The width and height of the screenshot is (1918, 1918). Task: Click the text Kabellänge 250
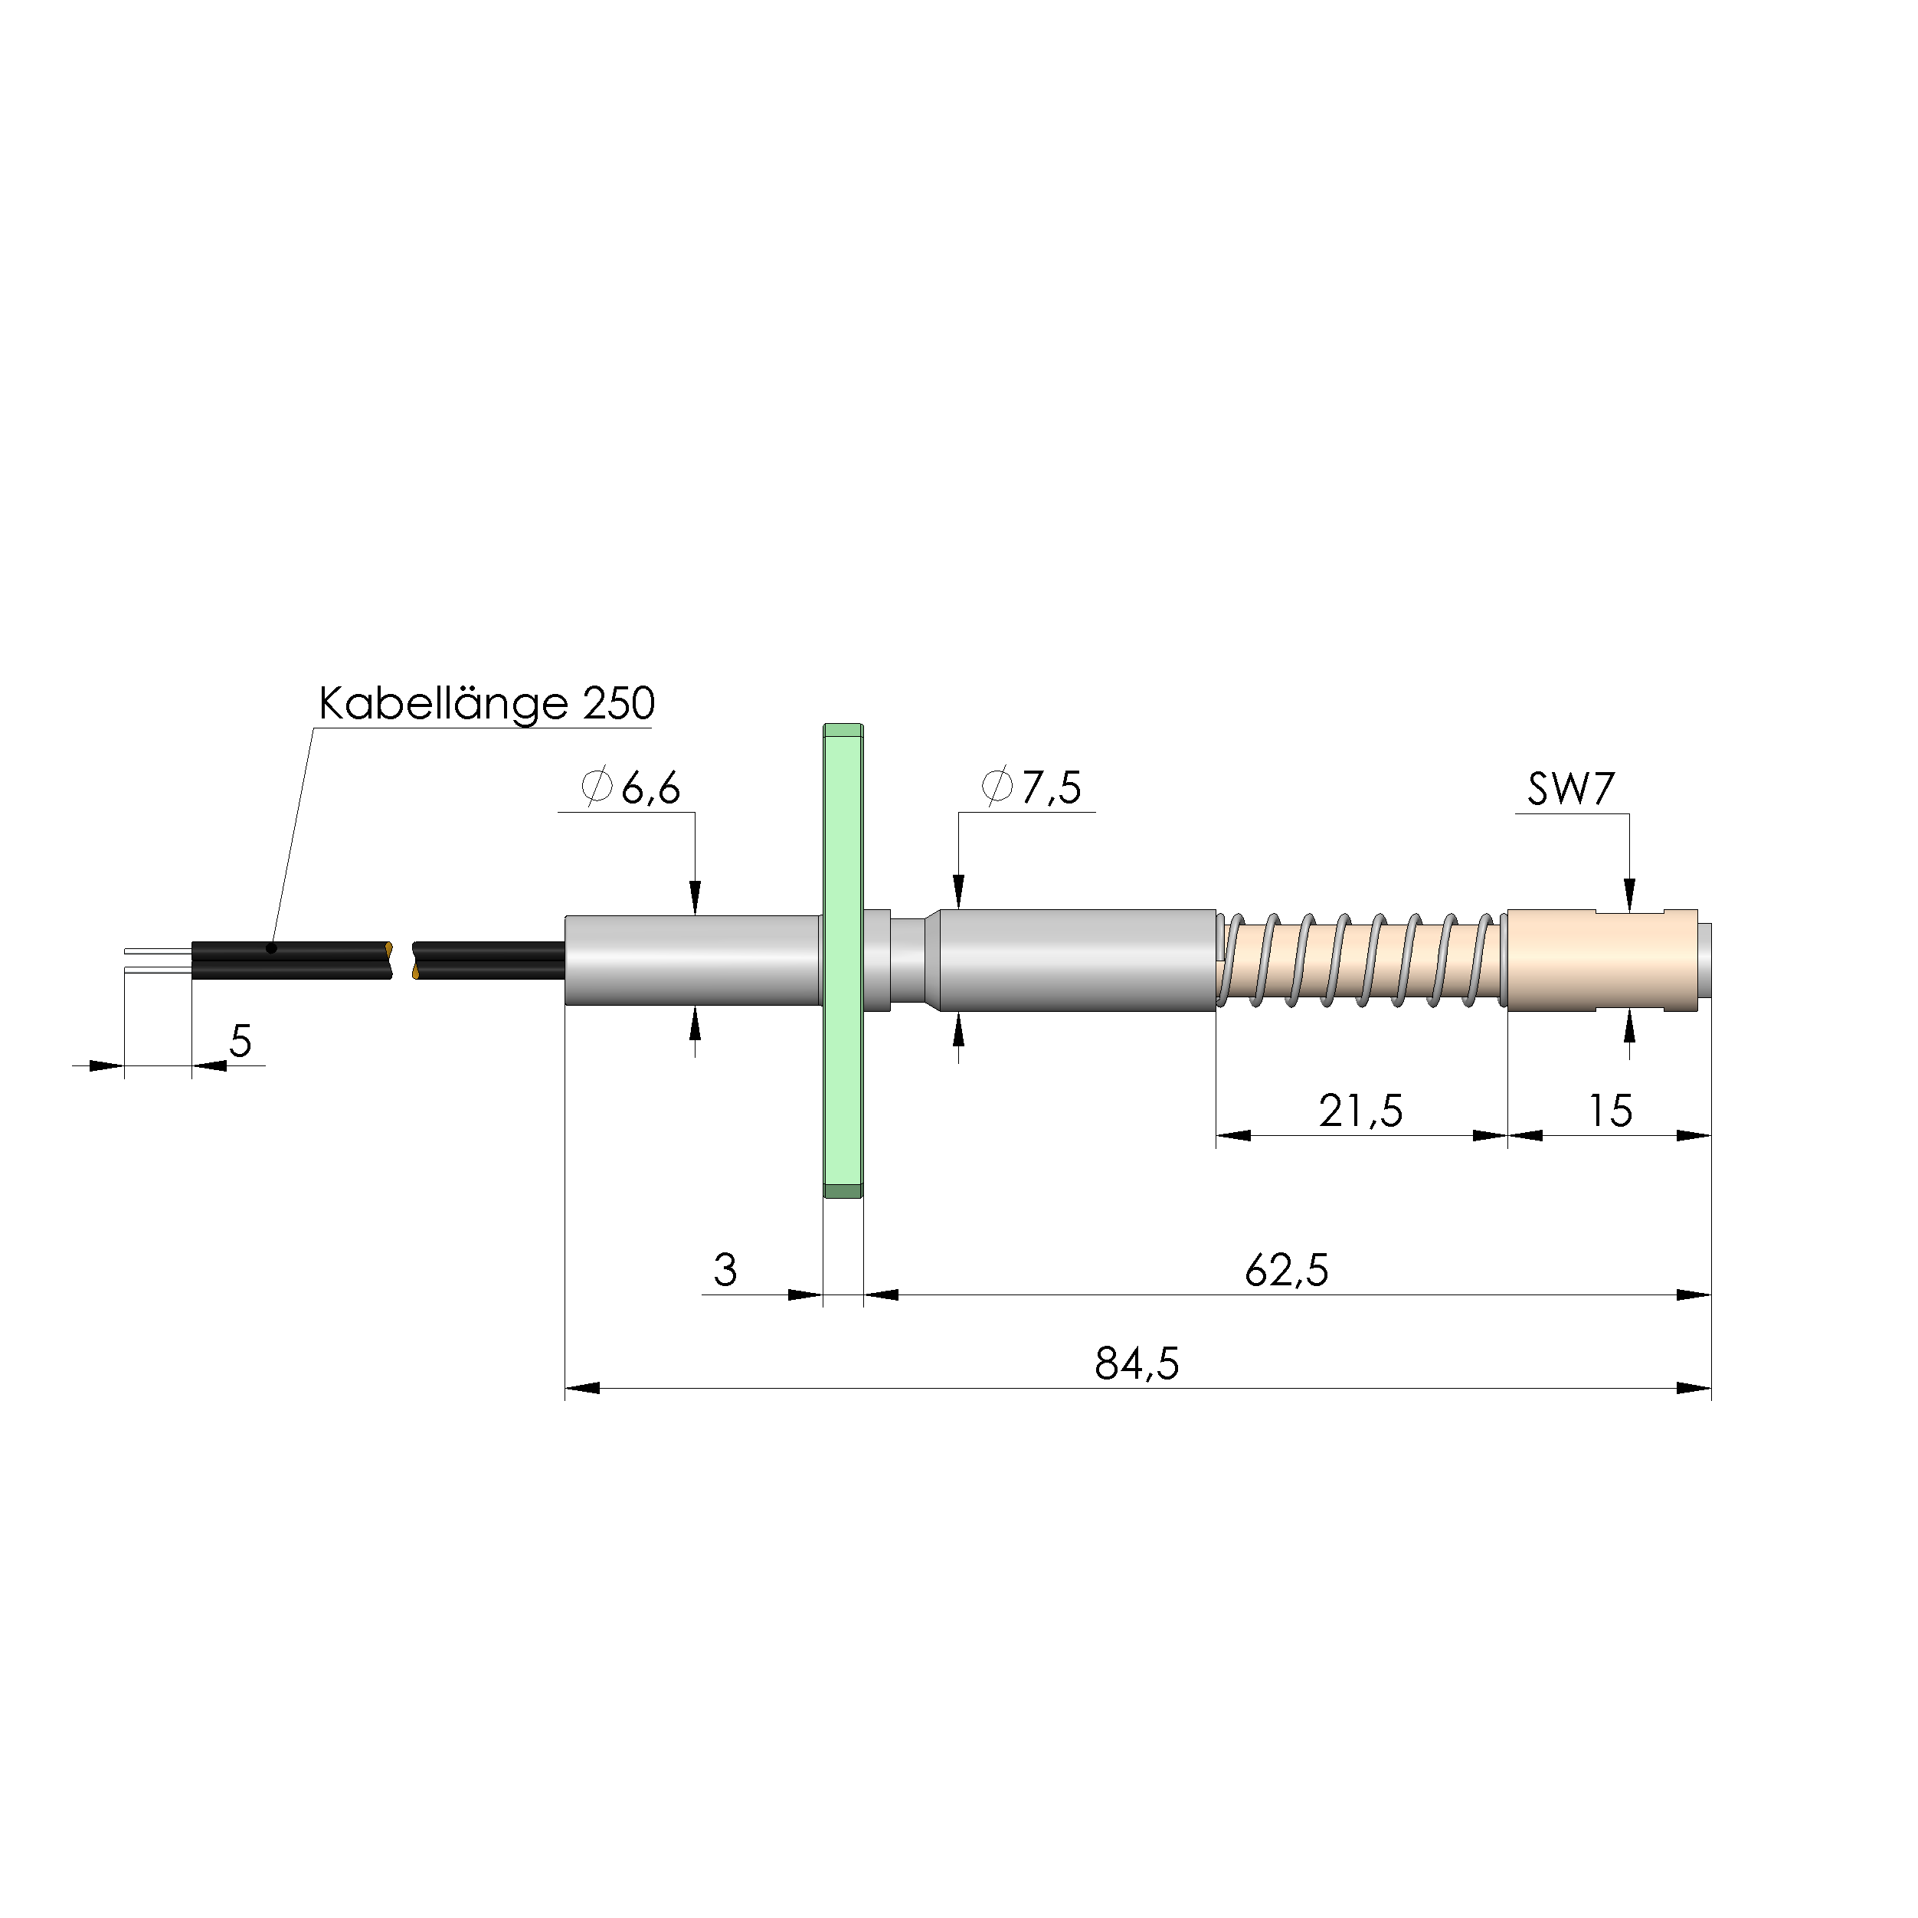(486, 704)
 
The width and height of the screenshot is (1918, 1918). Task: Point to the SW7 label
(1570, 789)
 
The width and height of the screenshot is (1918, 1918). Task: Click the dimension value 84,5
(1137, 1364)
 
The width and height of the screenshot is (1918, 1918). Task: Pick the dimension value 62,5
(1287, 1271)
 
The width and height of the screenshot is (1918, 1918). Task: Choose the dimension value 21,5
(1361, 1111)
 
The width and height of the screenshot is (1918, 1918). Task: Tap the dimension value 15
(1610, 1111)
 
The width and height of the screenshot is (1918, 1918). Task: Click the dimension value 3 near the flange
(725, 1270)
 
